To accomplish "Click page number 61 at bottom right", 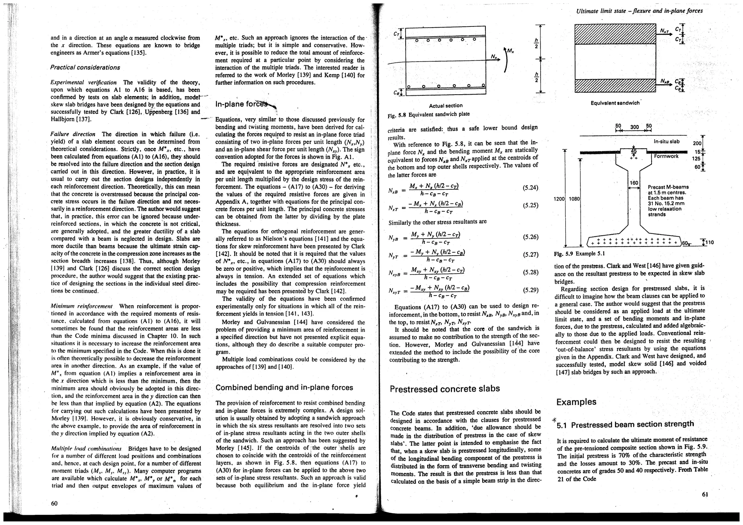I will (705, 495).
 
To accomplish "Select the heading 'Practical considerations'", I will (85, 67).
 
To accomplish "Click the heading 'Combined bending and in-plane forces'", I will (284, 388).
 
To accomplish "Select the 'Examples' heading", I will (576, 402).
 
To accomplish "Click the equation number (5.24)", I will (530, 188).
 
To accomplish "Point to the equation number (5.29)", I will (530, 290).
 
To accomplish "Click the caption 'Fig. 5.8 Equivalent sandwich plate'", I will (428, 114).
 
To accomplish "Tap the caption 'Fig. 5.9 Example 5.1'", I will (579, 253).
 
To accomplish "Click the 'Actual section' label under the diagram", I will (446, 106).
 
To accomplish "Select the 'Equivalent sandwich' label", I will (615, 103).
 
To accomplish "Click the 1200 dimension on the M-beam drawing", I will (559, 199).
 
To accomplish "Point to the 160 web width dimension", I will (633, 183).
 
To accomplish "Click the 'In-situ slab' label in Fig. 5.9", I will (666, 141).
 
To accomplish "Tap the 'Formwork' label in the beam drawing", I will (666, 156).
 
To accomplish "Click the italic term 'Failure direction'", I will (73, 134).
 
